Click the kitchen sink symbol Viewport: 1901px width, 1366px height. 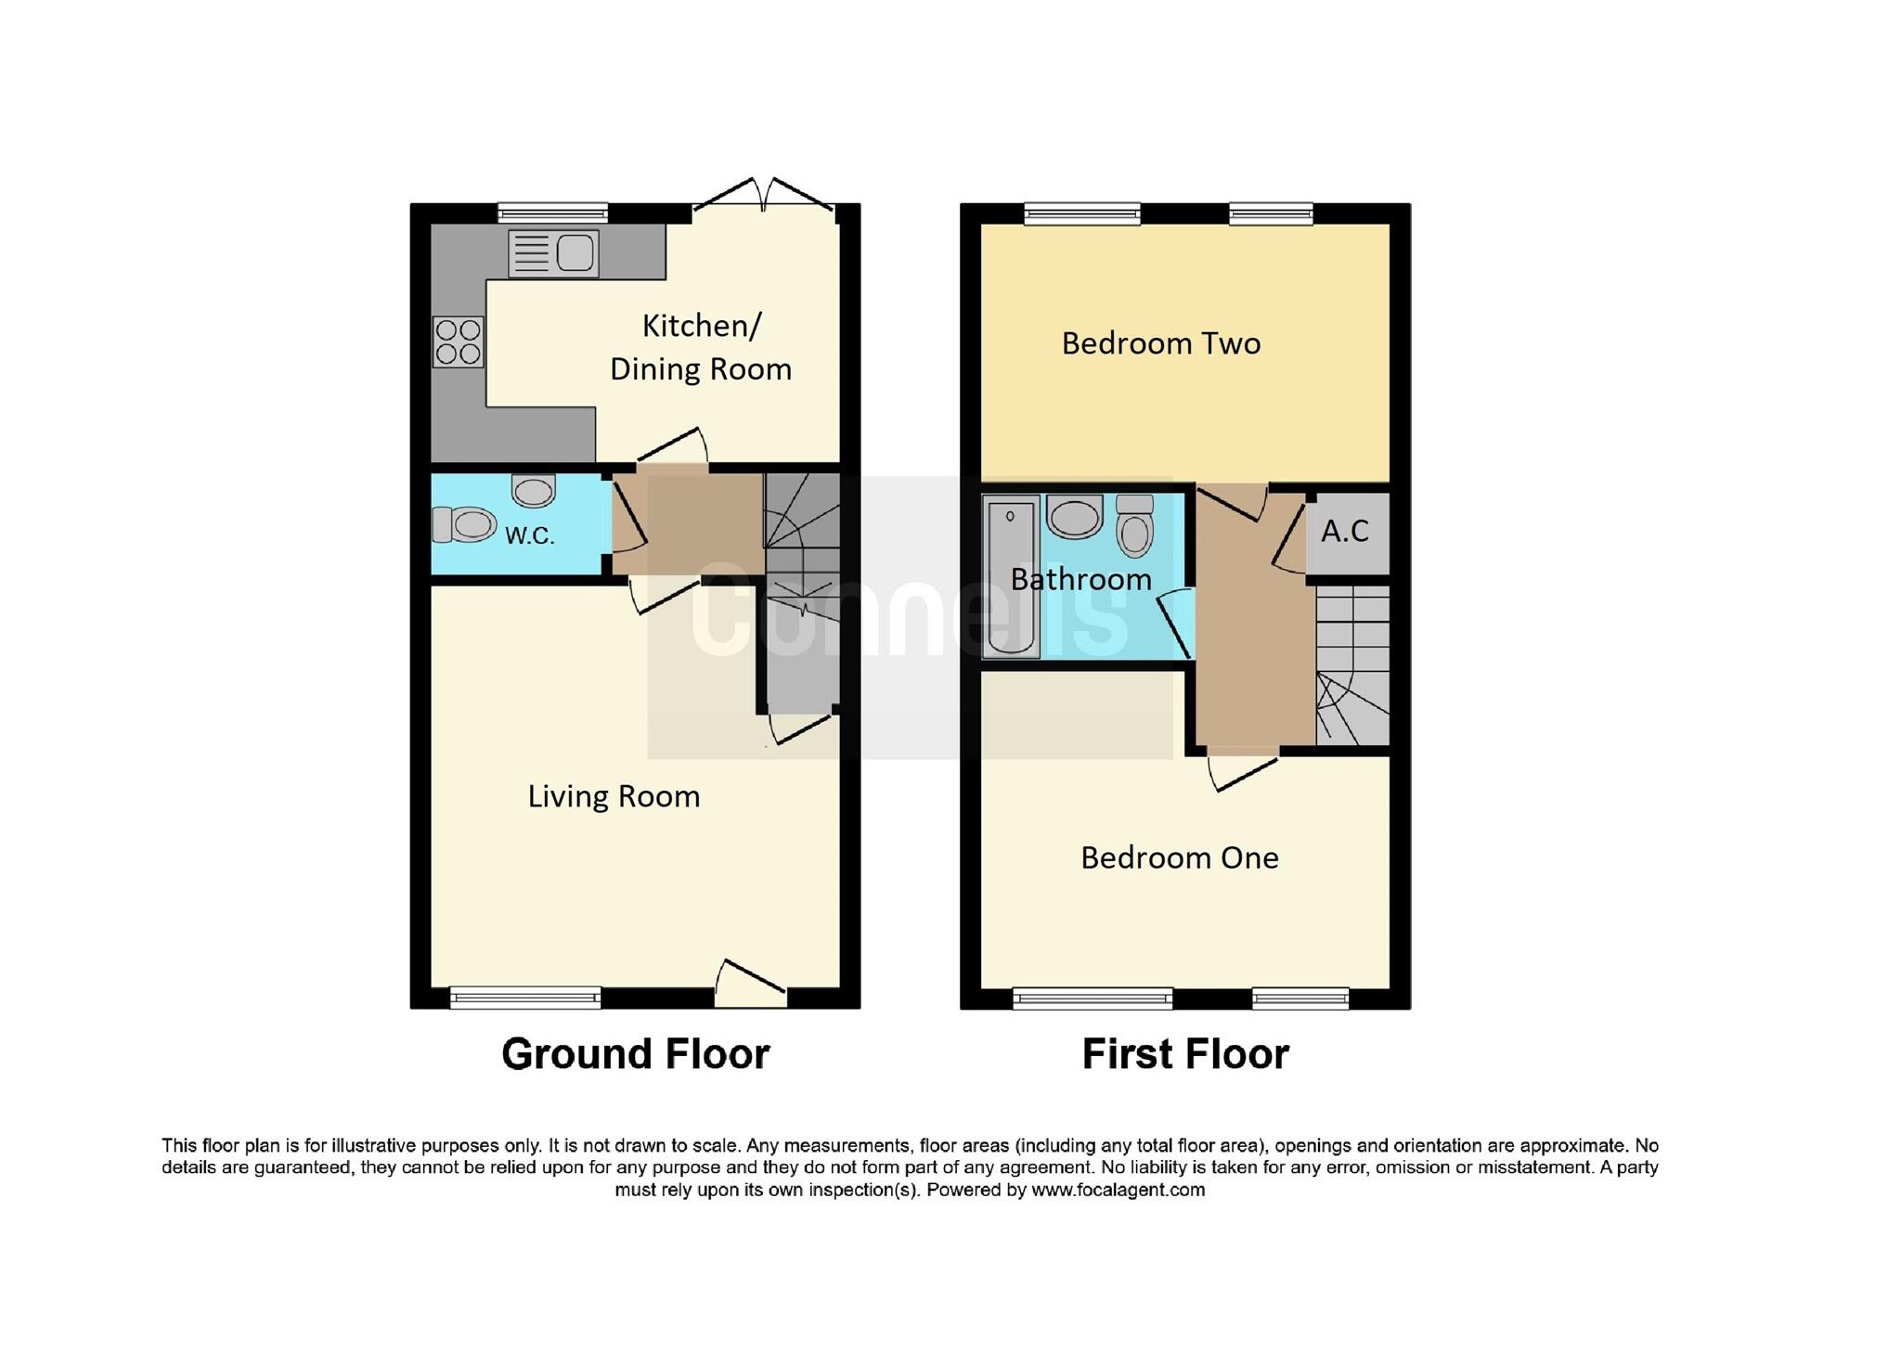553,253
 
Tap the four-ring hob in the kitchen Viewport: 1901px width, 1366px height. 459,341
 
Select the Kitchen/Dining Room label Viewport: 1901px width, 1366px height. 701,347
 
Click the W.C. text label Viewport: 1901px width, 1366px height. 529,535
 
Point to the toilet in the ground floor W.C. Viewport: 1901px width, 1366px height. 464,525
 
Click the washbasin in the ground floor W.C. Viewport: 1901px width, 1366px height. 534,491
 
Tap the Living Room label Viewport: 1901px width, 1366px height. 614,796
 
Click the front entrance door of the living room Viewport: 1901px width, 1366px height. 750,987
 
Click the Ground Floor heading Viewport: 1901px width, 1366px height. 636,1054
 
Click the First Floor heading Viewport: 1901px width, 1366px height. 1185,1054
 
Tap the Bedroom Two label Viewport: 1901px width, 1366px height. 1160,343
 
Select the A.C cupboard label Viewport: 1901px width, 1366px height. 1345,532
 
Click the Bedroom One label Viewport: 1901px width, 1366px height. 1179,857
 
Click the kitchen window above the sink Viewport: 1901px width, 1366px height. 553,213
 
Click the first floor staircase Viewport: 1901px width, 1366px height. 1352,665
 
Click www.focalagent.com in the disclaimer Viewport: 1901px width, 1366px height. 1118,1190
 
